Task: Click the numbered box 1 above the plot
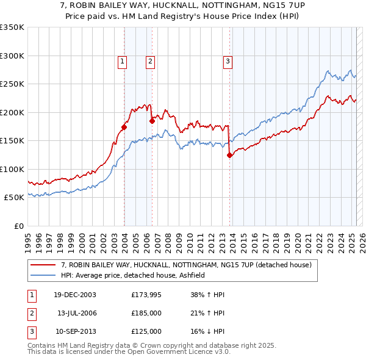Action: (x=123, y=60)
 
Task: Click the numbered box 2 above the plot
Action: (x=149, y=60)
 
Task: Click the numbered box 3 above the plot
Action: (x=228, y=60)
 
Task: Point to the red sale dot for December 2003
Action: (x=124, y=128)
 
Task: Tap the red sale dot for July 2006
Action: (x=152, y=121)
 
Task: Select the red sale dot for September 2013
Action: (x=229, y=155)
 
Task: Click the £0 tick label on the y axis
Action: (x=18, y=226)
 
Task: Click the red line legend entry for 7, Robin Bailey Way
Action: (x=186, y=265)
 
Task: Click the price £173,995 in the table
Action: (x=146, y=295)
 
